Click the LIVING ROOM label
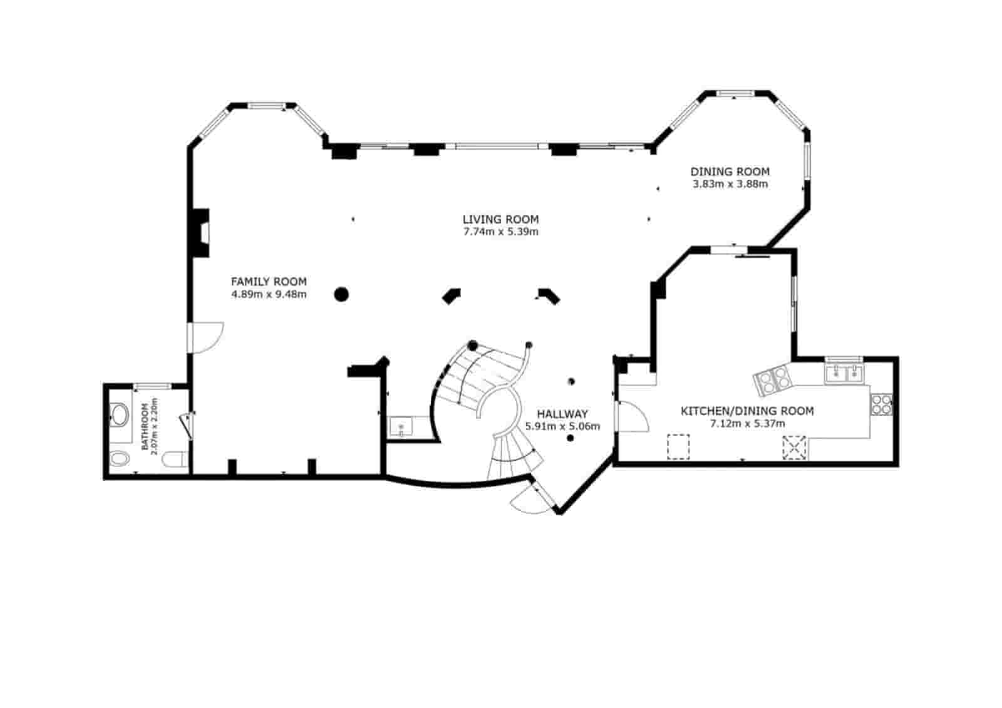[500, 219]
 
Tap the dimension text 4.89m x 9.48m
[269, 294]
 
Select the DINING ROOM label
[730, 172]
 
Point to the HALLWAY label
[562, 414]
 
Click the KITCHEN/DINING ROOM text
[747, 411]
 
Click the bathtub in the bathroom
[119, 414]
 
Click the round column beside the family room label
[341, 294]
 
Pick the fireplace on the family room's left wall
[200, 232]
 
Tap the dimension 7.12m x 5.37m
[747, 424]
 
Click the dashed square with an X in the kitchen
[794, 448]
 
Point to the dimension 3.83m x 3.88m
[730, 184]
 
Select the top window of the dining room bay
[735, 93]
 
